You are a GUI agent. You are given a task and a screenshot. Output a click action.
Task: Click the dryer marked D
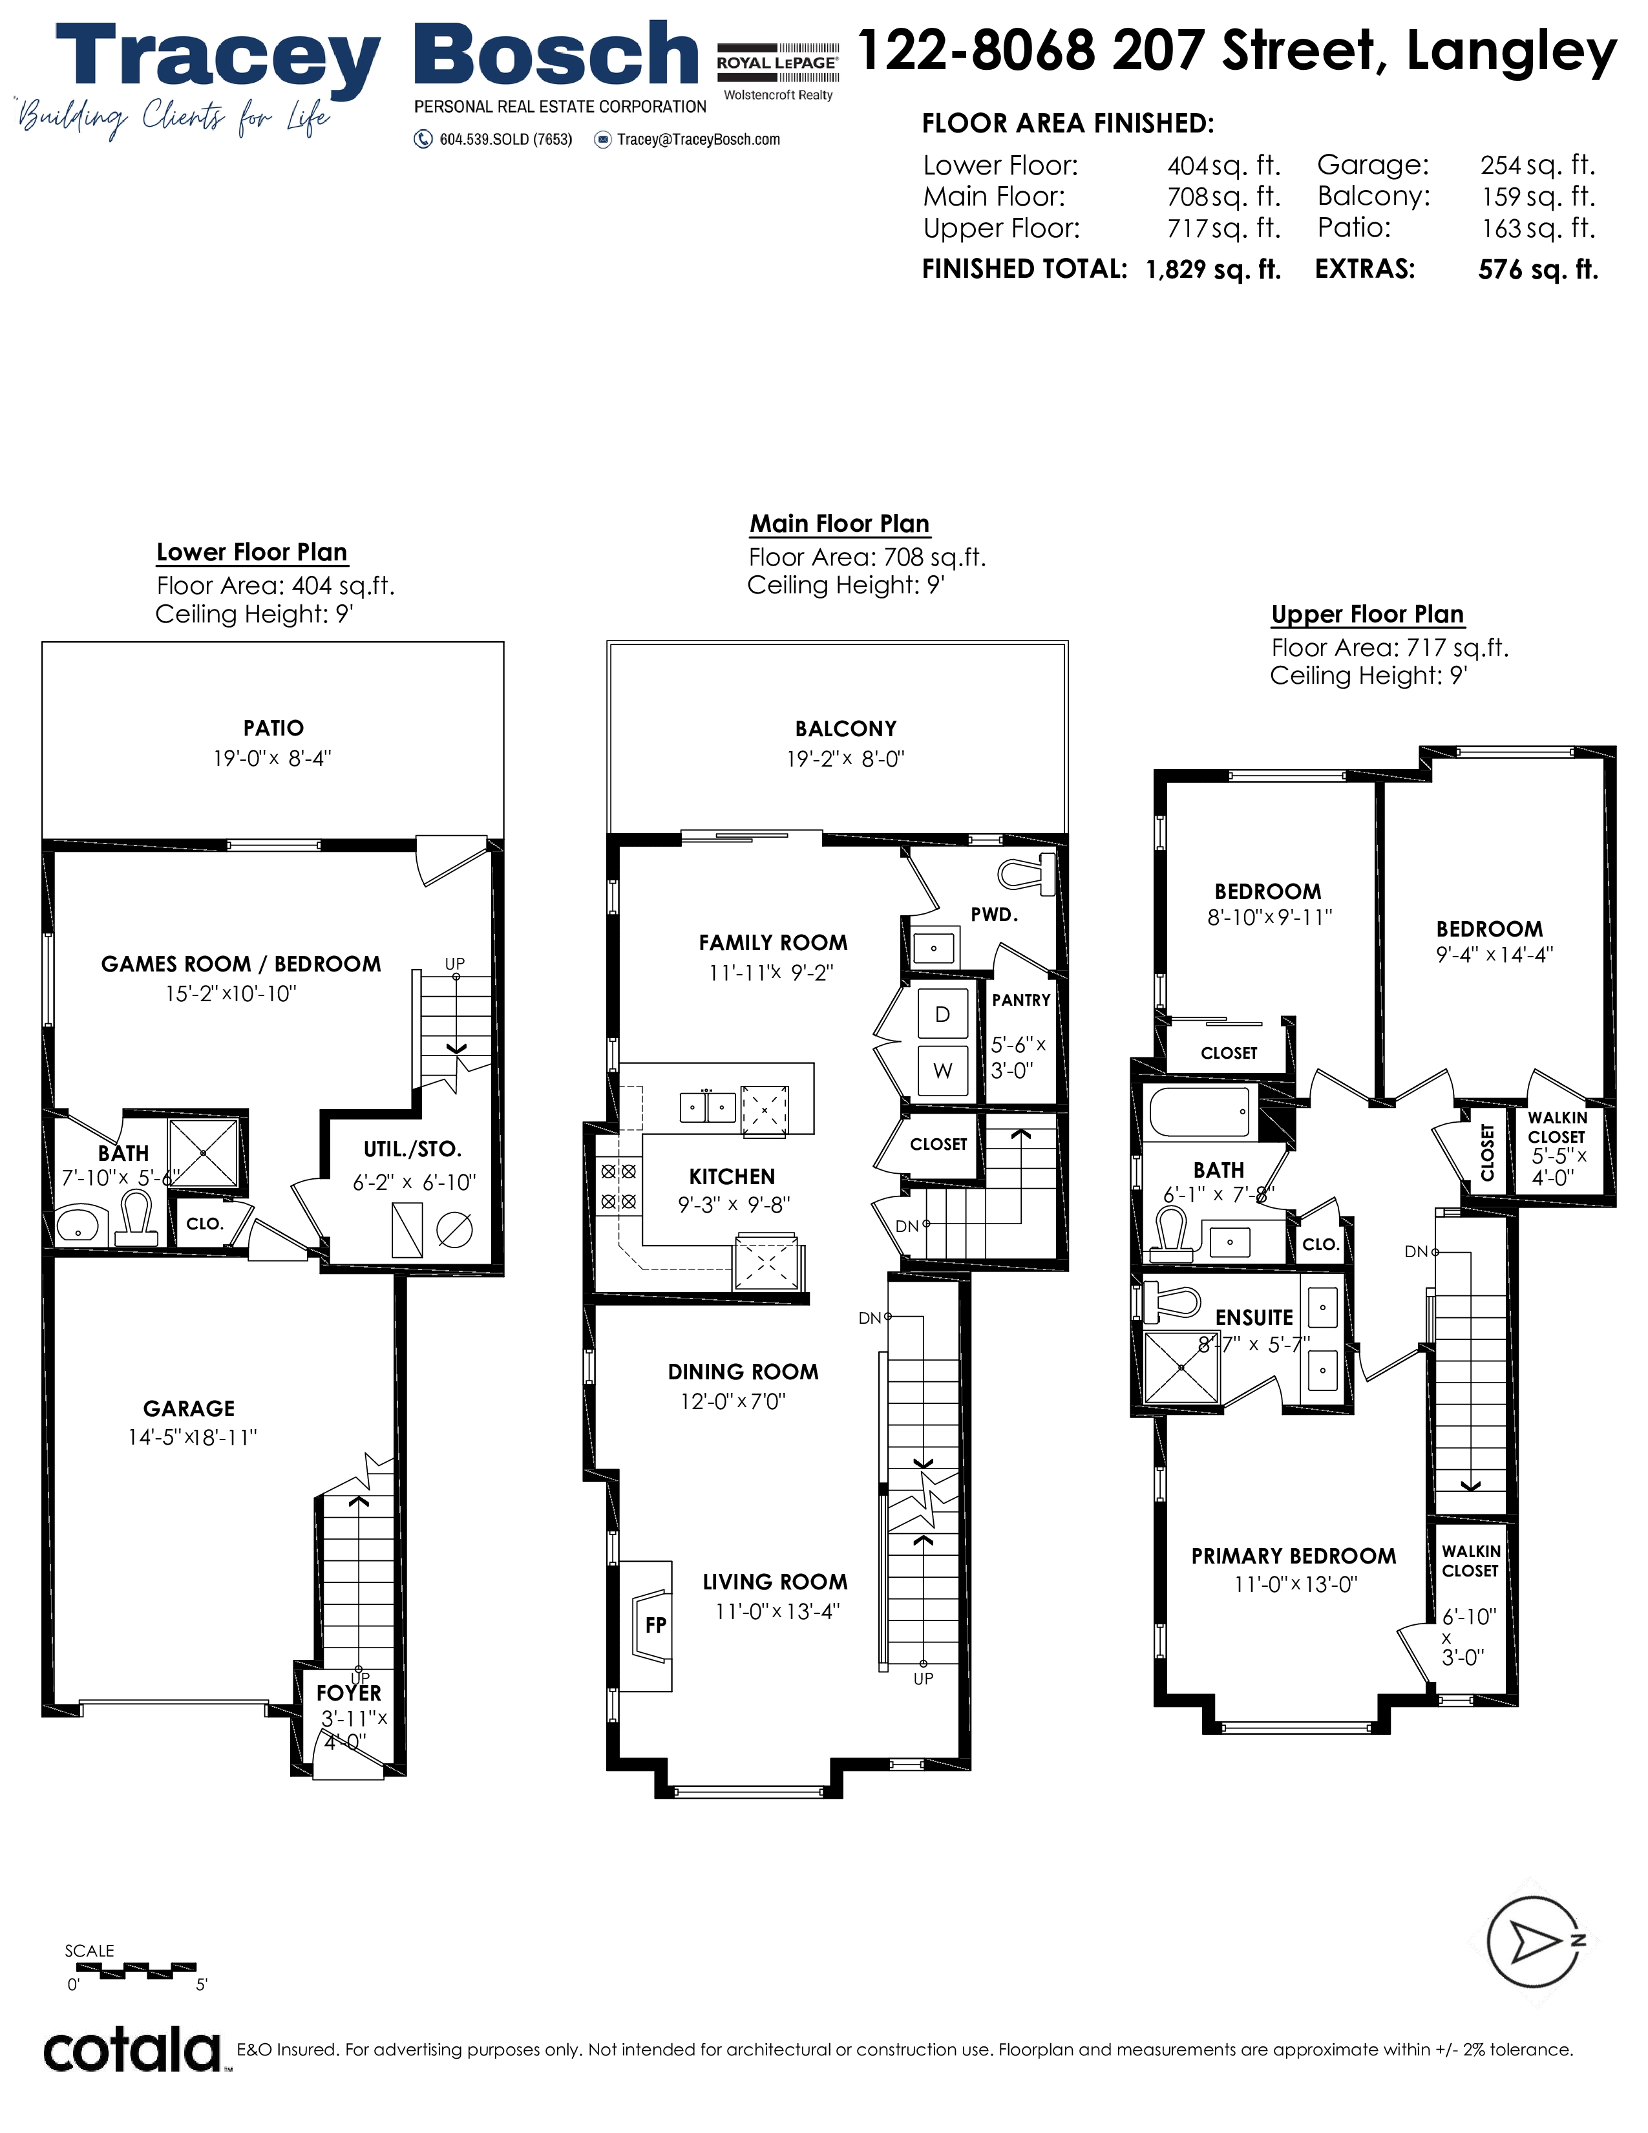(943, 1013)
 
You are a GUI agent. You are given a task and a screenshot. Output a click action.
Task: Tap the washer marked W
(943, 1070)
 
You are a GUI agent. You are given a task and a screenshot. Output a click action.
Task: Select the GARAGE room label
(189, 1408)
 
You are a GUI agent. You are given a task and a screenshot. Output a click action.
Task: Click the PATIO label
(273, 728)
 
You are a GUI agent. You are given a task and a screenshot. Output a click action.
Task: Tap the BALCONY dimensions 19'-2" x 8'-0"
(847, 759)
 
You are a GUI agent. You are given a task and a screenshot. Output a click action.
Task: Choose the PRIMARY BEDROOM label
(1294, 1556)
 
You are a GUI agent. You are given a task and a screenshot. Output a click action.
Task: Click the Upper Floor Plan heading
(1368, 614)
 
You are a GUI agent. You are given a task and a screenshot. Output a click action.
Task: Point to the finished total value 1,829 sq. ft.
(1214, 270)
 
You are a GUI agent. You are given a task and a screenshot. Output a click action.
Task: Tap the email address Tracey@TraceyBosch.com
(699, 140)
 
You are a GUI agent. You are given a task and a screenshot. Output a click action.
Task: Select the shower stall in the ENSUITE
(1181, 1367)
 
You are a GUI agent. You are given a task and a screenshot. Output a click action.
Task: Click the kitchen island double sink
(708, 1107)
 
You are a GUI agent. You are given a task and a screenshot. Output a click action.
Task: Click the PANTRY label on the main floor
(1021, 1000)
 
